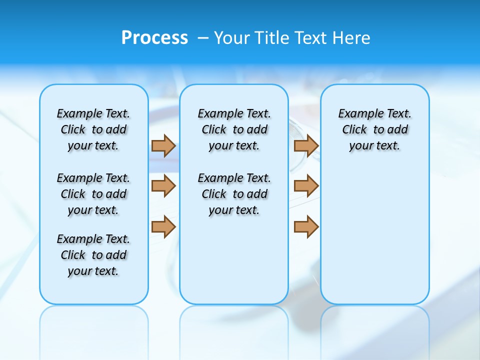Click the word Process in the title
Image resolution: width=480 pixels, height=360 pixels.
tap(154, 38)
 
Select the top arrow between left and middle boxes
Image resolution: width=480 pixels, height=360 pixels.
tap(163, 145)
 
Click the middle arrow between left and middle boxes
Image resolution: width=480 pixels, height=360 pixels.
tap(163, 186)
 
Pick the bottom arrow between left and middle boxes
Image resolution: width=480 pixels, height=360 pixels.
tap(163, 226)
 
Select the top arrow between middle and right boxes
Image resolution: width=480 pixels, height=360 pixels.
tap(306, 145)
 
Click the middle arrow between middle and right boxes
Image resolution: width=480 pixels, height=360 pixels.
tap(306, 186)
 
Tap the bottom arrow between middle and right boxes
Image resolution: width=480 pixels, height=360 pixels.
tap(306, 226)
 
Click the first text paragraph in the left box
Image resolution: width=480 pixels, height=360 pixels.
tap(93, 129)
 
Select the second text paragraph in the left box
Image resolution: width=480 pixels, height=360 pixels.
tap(93, 194)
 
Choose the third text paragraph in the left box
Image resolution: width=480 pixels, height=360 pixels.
tap(93, 255)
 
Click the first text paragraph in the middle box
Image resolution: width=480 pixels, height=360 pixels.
tap(234, 129)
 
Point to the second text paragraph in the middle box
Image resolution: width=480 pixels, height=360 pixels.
tap(234, 194)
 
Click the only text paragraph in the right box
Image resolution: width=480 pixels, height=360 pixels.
tap(374, 129)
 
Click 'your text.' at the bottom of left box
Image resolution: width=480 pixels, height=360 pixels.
tap(93, 271)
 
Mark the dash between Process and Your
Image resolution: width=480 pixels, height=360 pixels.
tap(203, 38)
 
